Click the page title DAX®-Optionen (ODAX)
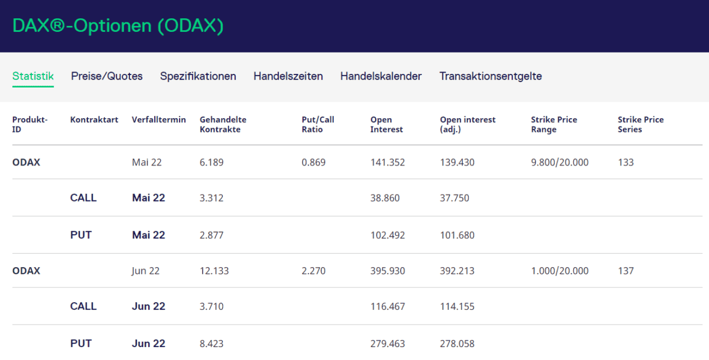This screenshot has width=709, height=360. click(118, 26)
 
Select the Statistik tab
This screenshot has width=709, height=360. click(33, 76)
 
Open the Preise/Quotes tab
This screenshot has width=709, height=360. click(107, 76)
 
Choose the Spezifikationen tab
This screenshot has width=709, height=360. click(198, 76)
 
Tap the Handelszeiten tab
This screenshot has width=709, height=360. click(288, 76)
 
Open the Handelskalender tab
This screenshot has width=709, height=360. click(381, 76)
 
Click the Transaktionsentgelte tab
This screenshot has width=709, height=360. click(490, 76)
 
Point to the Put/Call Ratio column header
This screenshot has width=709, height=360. click(318, 124)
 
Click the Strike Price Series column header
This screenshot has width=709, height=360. click(640, 124)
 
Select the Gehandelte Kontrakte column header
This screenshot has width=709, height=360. click(223, 124)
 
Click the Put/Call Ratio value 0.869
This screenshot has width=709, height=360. click(313, 162)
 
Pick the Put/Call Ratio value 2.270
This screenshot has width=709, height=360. click(313, 271)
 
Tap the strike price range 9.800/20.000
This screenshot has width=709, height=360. click(560, 162)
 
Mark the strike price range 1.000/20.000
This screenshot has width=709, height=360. click(560, 271)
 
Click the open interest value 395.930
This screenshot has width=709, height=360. click(388, 271)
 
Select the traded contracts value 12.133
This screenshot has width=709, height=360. click(214, 271)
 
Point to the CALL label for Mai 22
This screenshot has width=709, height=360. click(83, 198)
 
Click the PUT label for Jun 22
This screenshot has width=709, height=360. click(81, 343)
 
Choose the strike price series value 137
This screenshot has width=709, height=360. click(626, 271)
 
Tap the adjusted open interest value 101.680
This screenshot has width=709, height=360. click(457, 235)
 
